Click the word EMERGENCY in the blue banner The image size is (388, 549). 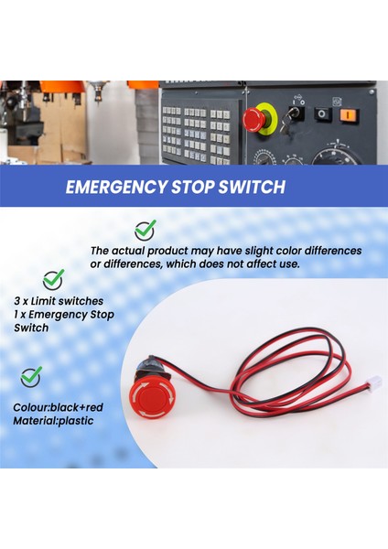tap(116, 187)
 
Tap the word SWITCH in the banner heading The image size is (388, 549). tap(252, 187)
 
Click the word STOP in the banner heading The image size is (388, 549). tap(192, 187)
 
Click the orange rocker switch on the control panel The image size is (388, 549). tap(350, 115)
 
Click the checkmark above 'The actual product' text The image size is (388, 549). tap(145, 231)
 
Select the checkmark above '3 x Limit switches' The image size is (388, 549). tap(53, 280)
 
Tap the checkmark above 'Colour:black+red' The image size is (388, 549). tap(31, 377)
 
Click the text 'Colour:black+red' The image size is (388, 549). tap(59, 407)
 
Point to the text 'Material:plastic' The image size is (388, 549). tap(53, 421)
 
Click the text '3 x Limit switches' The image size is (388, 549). tap(59, 301)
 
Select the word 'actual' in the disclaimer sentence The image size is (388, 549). tap(128, 251)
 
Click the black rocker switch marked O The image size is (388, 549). tap(323, 114)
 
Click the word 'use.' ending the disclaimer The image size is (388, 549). tap(290, 264)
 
